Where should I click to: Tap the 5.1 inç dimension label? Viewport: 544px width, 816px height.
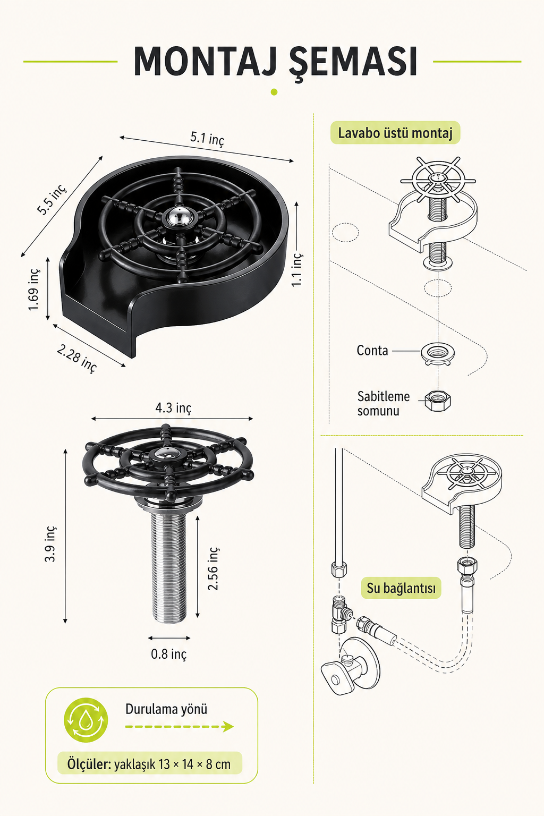[x=207, y=139]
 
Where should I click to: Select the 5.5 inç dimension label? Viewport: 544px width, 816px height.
[x=52, y=199]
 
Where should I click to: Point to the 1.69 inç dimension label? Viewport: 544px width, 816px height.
[x=33, y=290]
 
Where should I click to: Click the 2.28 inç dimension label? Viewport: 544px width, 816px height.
[x=76, y=359]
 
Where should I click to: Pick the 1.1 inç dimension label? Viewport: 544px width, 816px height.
[x=297, y=269]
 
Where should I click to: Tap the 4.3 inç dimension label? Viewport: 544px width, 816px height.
[x=173, y=408]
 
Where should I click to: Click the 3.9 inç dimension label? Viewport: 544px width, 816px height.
[x=50, y=544]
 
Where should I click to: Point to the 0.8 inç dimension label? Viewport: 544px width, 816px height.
[x=169, y=654]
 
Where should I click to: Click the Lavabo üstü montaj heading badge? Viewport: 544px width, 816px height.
[x=395, y=133]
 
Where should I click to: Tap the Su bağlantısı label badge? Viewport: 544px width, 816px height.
[x=401, y=588]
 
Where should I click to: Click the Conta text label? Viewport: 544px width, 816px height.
[x=372, y=351]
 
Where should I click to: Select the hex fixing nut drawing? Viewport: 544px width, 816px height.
[x=438, y=401]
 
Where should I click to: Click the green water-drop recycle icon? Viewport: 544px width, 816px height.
[x=86, y=720]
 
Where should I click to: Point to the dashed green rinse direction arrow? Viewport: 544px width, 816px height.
[x=179, y=727]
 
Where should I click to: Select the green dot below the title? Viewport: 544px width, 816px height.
[x=274, y=92]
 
